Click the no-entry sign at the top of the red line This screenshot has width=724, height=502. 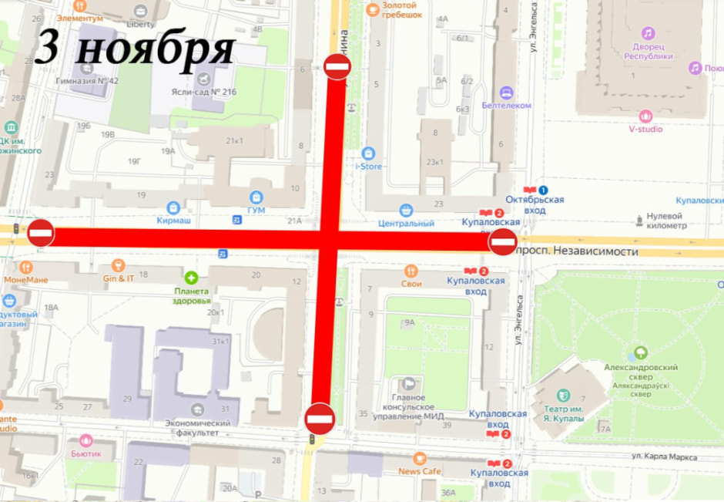[337, 67]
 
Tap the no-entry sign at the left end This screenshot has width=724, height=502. [41, 232]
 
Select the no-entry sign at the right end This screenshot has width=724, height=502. [502, 242]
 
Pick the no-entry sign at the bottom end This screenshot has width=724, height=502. [319, 419]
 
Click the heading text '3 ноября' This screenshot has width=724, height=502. [135, 48]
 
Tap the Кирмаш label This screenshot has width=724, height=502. [173, 219]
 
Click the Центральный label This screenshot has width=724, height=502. [406, 224]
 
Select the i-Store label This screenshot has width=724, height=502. [368, 166]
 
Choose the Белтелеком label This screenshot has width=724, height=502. [506, 105]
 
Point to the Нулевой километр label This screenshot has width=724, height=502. [665, 221]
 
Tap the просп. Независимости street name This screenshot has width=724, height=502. [578, 251]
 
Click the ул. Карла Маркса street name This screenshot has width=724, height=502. [664, 457]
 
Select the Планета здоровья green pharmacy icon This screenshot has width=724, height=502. [191, 278]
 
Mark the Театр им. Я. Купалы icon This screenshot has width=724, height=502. [563, 396]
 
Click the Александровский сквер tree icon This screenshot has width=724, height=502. [639, 354]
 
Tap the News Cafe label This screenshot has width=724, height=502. [420, 470]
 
